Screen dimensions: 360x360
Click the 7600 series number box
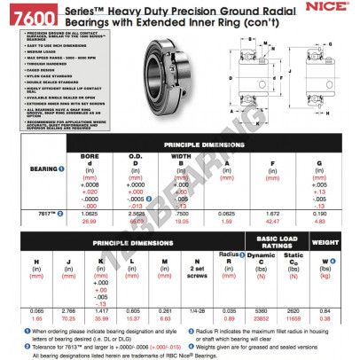click(x=26, y=15)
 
